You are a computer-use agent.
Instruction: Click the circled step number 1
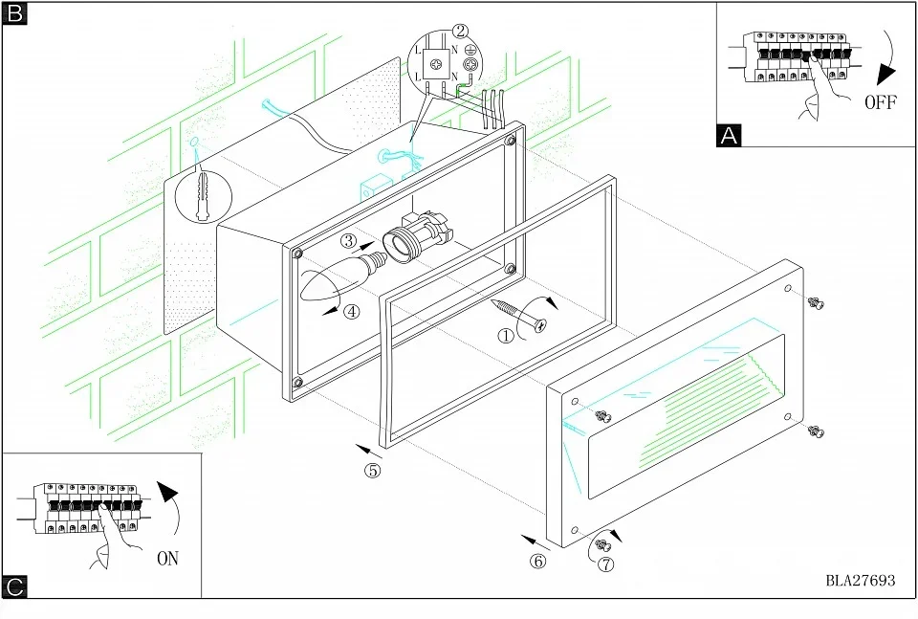point(506,336)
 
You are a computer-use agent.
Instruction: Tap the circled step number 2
point(461,31)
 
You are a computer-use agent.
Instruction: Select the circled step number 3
point(349,240)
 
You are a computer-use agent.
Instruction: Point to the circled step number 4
point(351,312)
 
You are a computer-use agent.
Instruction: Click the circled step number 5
point(372,470)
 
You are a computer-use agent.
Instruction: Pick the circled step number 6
point(538,561)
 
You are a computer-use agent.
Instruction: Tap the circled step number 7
point(606,564)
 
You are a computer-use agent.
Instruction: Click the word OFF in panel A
point(880,102)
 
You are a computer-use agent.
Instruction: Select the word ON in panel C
point(167,559)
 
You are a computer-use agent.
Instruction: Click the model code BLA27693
point(860,581)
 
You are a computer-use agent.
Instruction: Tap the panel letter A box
point(729,135)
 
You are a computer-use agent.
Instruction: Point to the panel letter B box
point(14,12)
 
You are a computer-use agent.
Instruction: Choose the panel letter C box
point(14,586)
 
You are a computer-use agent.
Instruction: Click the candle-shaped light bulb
point(342,275)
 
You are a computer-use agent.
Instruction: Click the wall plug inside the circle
point(203,195)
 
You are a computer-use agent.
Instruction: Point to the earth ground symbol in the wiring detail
point(470,50)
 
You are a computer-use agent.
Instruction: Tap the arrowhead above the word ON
point(167,492)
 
